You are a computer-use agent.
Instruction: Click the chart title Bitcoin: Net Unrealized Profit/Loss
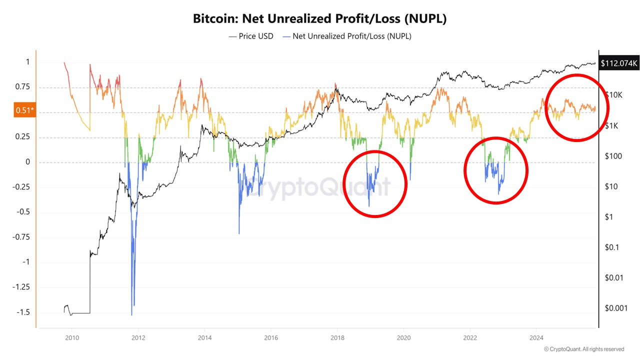[x=320, y=19]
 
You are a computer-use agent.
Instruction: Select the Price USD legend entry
[x=251, y=36]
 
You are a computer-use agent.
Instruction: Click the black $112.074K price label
[x=619, y=63]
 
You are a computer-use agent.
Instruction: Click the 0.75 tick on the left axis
[x=22, y=87]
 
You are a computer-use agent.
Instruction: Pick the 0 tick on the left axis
[x=28, y=162]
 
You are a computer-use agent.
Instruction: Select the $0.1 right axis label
[x=611, y=247]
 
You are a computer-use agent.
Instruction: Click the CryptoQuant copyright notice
[x=583, y=349]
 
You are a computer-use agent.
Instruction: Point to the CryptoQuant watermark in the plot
[x=320, y=187]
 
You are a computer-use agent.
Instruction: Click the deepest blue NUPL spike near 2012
[x=131, y=314]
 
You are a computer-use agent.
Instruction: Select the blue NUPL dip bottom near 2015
[x=239, y=233]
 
